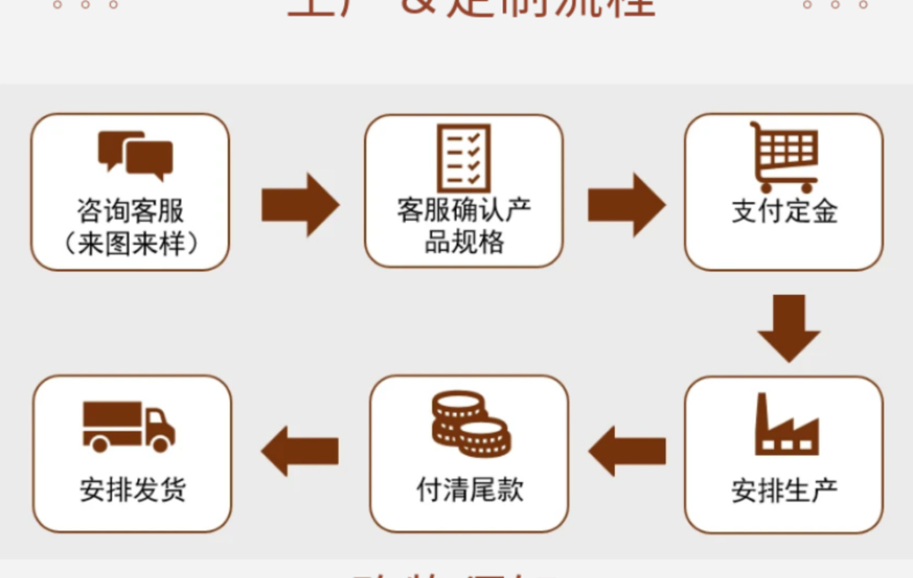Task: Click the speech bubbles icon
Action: [x=135, y=151]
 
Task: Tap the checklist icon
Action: [x=464, y=158]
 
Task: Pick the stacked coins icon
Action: [x=470, y=424]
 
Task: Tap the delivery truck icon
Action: [x=128, y=426]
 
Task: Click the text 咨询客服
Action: [x=131, y=211]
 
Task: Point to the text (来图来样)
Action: [x=131, y=243]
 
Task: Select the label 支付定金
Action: [x=784, y=211]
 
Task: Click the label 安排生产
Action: [x=784, y=491]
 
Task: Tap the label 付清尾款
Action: [x=470, y=490]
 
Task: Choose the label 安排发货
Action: [x=132, y=490]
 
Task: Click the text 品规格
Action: [x=464, y=242]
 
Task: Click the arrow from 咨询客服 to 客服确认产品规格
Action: [x=300, y=205]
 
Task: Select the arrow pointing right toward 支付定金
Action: [x=626, y=205]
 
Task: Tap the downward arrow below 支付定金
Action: [x=789, y=327]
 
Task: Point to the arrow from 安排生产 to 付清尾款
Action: [x=628, y=451]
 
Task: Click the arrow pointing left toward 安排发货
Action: [x=300, y=451]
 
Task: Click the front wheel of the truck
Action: [x=161, y=444]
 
